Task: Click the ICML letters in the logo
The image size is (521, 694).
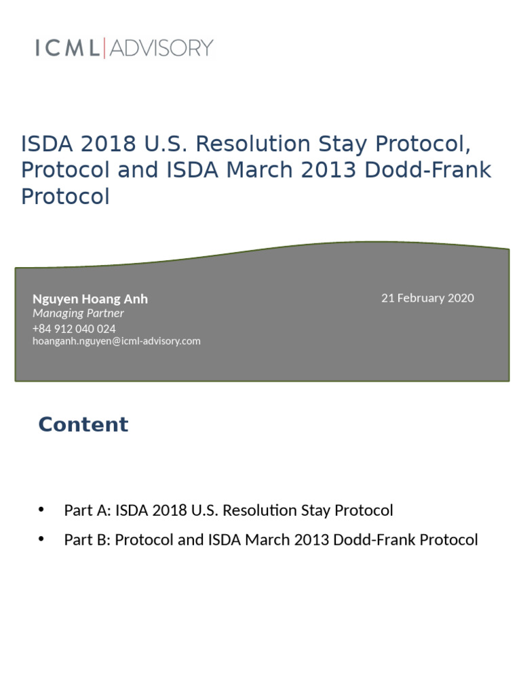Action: [x=67, y=48]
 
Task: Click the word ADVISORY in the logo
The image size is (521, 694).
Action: [x=161, y=48]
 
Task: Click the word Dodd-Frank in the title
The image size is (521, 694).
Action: [x=427, y=170]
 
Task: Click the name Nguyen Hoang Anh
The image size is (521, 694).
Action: [x=90, y=299]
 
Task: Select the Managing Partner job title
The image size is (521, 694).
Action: [x=78, y=313]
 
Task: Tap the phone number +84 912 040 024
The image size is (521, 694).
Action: [x=74, y=329]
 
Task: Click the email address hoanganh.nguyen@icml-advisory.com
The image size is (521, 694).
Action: [x=117, y=341]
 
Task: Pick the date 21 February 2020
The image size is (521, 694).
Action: [x=427, y=298]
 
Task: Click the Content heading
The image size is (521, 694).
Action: [x=83, y=424]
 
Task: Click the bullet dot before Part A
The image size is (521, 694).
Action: [x=42, y=510]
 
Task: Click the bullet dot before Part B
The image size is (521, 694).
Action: [x=42, y=539]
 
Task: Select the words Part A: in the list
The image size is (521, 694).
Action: [x=88, y=510]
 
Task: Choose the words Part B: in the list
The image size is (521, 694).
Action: [x=88, y=540]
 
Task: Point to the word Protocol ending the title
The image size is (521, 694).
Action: [x=65, y=197]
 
